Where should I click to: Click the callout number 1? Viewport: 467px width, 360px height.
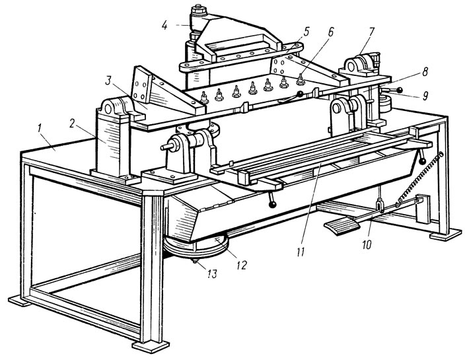tap(40, 128)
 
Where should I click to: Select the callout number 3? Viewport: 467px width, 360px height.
tap(109, 81)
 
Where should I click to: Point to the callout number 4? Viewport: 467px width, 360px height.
tap(164, 26)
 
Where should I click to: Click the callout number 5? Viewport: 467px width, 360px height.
tap(307, 31)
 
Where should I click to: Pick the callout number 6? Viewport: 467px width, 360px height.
tap(331, 32)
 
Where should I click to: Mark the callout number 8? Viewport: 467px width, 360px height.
tap(425, 72)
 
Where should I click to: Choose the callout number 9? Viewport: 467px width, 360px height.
tap(425, 95)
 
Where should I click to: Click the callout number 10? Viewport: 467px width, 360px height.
tap(367, 244)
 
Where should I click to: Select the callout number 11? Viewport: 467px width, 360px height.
tap(301, 252)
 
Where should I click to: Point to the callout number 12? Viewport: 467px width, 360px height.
tap(241, 265)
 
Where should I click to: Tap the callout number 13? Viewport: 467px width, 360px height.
tap(212, 273)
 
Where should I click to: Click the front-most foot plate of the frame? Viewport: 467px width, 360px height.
tap(151, 347)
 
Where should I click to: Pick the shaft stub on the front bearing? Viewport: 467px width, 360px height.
tap(165, 147)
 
